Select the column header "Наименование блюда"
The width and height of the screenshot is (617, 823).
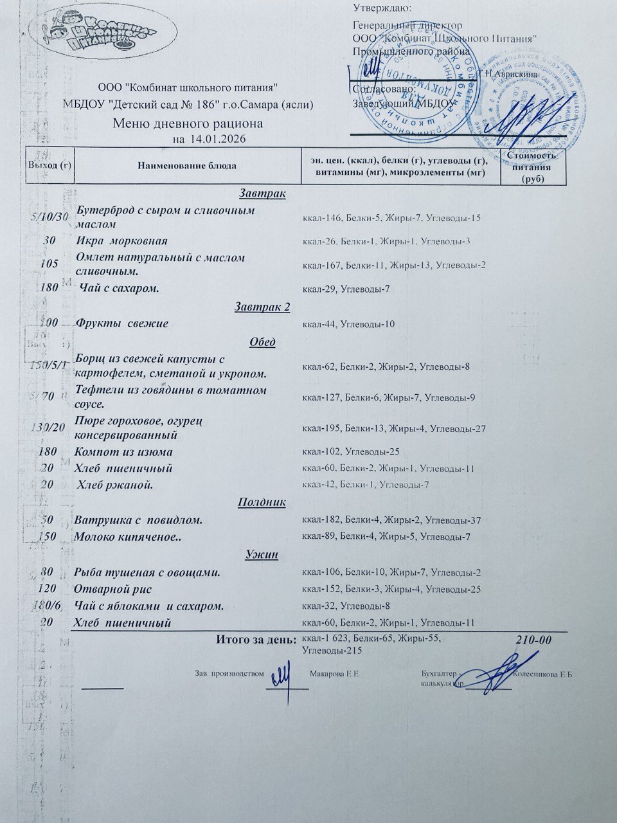(x=187, y=166)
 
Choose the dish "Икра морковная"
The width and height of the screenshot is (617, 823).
(x=121, y=241)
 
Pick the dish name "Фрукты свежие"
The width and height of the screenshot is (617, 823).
(x=122, y=323)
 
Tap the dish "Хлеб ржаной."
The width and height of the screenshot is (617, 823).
(x=115, y=485)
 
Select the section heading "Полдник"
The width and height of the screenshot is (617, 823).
(x=262, y=502)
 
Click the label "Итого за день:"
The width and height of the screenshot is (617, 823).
(x=256, y=639)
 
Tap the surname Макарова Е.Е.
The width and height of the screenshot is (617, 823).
(x=334, y=674)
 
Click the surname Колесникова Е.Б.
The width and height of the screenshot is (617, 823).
(x=544, y=674)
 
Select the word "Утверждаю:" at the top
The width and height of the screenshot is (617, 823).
(x=382, y=8)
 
